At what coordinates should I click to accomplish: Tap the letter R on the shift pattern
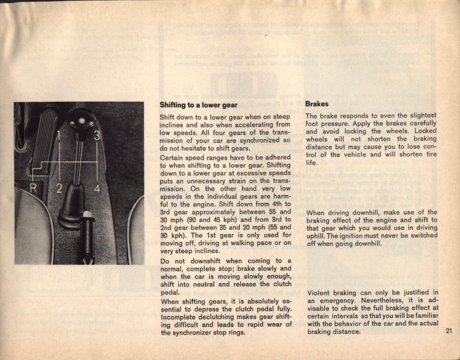[34, 188]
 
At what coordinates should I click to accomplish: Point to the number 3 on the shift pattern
[97, 136]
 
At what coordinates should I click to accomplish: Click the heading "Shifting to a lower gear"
[198, 105]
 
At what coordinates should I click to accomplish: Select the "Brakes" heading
[317, 104]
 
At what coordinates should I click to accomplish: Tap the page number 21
[449, 331]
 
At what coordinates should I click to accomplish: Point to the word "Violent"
[319, 292]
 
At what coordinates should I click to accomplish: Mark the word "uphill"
[317, 235]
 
